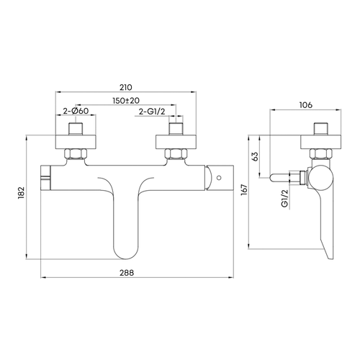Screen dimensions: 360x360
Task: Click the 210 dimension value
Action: point(126,87)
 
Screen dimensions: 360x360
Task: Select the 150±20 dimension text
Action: point(126,100)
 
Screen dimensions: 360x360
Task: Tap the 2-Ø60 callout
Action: point(76,111)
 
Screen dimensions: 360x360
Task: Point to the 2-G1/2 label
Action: point(152,112)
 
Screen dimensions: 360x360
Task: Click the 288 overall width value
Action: point(127,273)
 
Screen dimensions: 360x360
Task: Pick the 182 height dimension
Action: point(22,193)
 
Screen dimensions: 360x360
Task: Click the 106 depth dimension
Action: point(306,104)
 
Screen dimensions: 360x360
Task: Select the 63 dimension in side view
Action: point(255,156)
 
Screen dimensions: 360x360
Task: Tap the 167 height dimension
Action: point(244,189)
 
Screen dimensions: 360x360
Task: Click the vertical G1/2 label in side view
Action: point(284,198)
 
